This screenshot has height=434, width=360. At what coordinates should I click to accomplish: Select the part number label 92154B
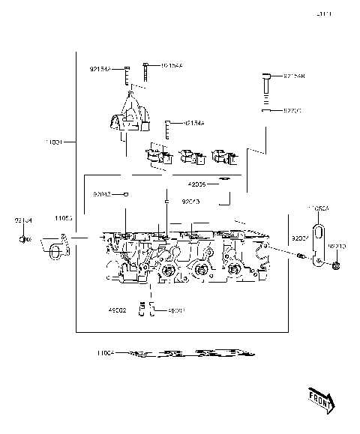tap(293, 76)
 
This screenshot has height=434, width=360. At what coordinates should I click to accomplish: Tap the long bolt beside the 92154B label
tap(266, 88)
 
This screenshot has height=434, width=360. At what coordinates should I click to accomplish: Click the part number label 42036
tap(197, 184)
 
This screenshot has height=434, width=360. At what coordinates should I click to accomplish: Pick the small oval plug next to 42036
tap(223, 181)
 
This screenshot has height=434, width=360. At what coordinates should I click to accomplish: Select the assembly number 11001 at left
tap(55, 141)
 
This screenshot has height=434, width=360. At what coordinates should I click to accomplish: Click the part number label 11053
tap(63, 218)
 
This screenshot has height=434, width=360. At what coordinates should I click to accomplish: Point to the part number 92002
tap(299, 238)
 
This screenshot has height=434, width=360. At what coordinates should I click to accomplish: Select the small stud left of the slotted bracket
tap(300, 258)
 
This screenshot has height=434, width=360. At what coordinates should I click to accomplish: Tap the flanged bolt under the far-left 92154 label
tap(24, 240)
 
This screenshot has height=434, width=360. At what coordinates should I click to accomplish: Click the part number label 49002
tap(117, 310)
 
